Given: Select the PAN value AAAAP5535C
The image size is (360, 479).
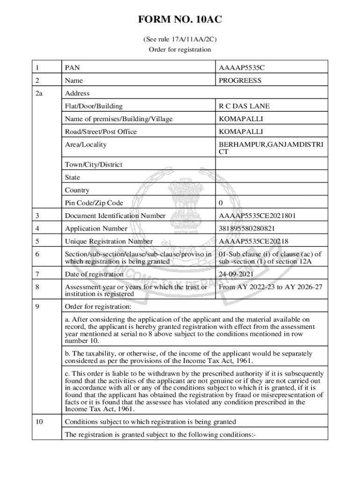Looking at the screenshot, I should tap(241, 68).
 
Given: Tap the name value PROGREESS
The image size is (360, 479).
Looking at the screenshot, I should tap(240, 80).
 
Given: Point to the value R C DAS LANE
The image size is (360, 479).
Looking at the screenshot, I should tap(243, 106).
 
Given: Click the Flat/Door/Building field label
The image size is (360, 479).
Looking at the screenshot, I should tap(94, 106).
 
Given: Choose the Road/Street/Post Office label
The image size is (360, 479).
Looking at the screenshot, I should tap(101, 132).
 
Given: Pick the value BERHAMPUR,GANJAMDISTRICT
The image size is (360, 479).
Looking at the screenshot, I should tap(270, 148).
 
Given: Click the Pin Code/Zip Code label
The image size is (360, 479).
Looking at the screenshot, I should tap(94, 203).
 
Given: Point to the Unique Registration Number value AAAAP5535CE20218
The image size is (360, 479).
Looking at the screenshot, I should tap(253, 241).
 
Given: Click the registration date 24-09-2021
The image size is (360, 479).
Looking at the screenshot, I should tap(237, 274).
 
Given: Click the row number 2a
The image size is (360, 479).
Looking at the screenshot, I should tap(39, 94).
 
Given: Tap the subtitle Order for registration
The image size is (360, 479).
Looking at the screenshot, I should tap(180, 50).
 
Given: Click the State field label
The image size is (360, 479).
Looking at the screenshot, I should tap(72, 178).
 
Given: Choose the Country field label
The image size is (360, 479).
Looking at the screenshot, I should tap(77, 190).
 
